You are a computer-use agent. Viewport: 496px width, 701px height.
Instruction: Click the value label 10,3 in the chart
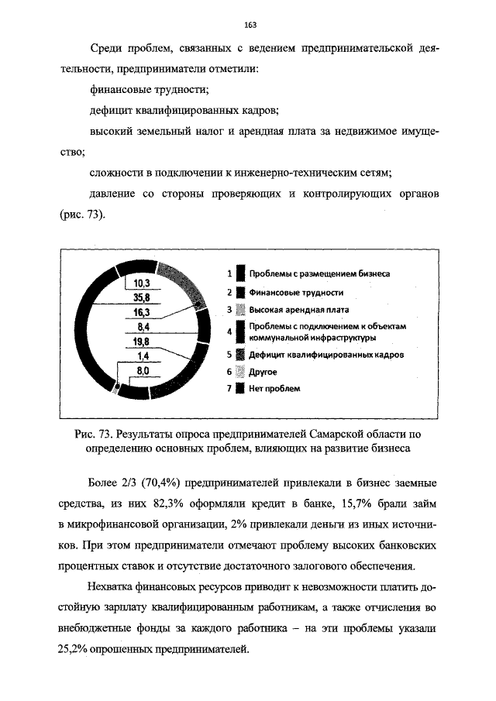coord(140,283)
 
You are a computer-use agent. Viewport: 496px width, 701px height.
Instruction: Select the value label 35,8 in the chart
coord(140,297)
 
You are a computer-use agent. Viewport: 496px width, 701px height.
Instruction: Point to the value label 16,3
coord(140,312)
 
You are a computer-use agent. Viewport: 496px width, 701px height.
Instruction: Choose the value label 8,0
coord(142,371)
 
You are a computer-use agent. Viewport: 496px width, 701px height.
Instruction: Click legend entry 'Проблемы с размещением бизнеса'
coord(319,274)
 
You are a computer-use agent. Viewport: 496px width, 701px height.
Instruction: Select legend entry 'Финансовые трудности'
coord(295,293)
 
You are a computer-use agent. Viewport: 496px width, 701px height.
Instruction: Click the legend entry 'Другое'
coord(263,372)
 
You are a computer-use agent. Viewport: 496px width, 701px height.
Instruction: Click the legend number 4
coord(229,332)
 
